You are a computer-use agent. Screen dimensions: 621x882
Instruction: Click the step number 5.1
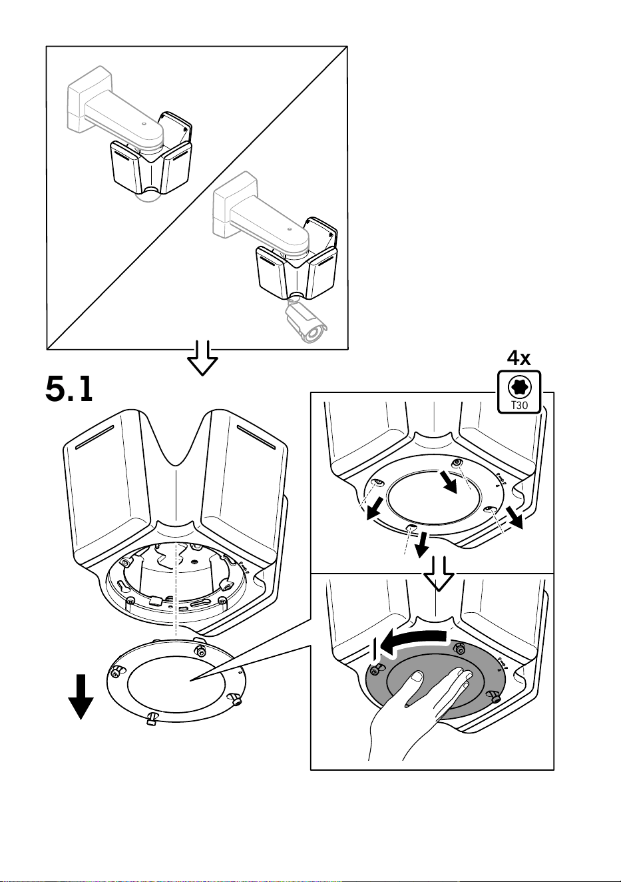69,388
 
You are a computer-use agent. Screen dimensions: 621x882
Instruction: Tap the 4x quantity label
518,358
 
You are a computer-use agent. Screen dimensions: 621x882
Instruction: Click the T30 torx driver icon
519,392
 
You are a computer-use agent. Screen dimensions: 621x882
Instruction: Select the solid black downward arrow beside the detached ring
81,697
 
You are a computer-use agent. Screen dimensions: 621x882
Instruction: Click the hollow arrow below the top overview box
202,358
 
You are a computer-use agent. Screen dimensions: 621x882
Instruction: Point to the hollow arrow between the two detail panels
439,574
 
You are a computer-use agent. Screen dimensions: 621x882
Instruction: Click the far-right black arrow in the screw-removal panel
515,517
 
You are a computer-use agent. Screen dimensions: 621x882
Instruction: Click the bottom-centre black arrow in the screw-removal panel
422,545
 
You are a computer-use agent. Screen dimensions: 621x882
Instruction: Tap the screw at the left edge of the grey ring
376,669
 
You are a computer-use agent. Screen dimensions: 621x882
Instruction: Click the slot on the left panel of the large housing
95,436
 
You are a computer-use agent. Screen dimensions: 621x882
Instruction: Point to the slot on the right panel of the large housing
256,436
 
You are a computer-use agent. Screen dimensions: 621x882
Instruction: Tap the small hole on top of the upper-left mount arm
144,124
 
